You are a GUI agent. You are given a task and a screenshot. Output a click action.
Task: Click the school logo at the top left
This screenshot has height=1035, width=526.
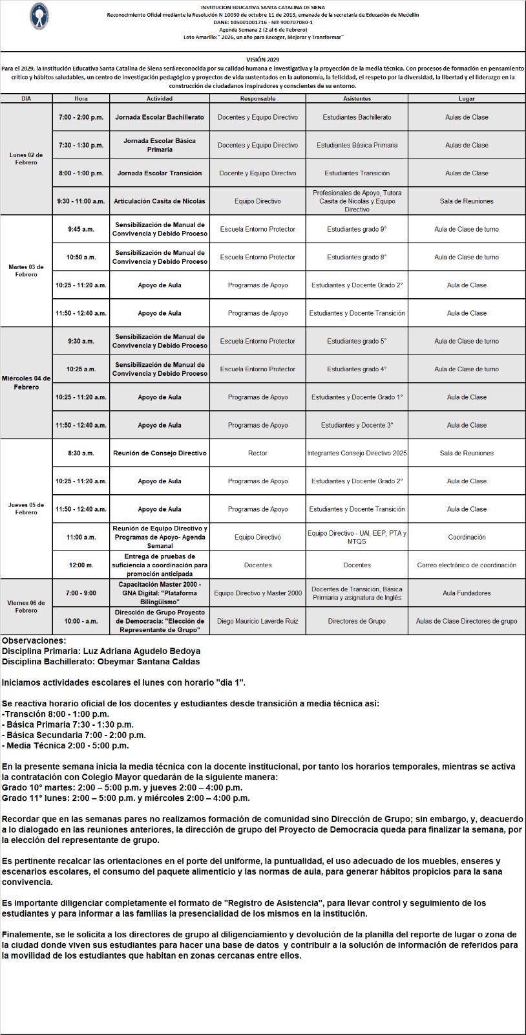(x=39, y=16)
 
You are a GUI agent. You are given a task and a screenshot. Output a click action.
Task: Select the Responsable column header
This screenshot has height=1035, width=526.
(x=258, y=99)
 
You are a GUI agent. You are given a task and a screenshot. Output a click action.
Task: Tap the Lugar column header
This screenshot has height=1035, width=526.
(x=467, y=99)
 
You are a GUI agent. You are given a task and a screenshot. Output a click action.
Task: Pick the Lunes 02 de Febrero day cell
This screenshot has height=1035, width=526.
(x=26, y=158)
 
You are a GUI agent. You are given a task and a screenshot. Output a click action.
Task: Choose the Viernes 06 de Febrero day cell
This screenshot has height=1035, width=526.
(x=26, y=606)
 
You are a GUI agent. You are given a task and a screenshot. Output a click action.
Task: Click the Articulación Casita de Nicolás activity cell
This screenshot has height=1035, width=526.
(x=160, y=201)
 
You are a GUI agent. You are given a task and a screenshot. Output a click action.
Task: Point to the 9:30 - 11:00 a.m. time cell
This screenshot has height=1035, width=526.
(x=81, y=201)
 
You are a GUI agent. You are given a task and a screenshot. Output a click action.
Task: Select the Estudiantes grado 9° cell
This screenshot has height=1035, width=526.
(x=357, y=229)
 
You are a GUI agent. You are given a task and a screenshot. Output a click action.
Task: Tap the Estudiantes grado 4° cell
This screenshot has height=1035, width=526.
(x=357, y=369)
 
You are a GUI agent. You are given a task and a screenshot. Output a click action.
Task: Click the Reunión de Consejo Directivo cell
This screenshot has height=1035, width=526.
(x=160, y=453)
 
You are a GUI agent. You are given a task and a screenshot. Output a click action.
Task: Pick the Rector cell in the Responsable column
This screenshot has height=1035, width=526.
(x=258, y=453)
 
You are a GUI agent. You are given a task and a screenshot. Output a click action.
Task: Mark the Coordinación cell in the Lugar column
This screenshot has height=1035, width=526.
(x=467, y=537)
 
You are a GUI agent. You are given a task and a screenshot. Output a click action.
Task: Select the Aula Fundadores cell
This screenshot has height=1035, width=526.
(x=467, y=593)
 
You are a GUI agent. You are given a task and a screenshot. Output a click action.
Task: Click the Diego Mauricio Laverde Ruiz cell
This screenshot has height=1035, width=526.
(x=258, y=621)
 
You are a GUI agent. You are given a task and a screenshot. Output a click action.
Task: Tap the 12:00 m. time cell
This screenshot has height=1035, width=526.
(x=81, y=565)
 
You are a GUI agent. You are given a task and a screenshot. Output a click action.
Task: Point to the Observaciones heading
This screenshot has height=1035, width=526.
(x=34, y=640)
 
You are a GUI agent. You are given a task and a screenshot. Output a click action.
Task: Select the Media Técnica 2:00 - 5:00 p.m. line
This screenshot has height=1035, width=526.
(x=65, y=745)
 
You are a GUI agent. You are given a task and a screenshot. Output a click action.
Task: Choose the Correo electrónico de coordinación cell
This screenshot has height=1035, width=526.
(x=467, y=565)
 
